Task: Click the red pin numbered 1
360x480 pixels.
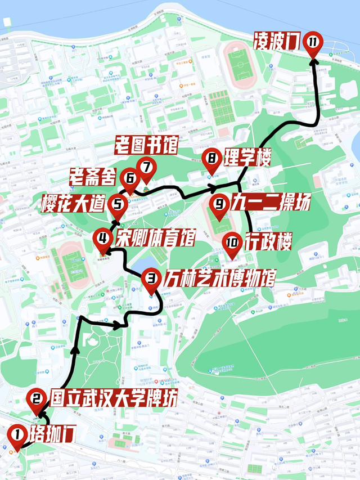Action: [x=17, y=434]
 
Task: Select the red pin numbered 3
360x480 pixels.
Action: [x=151, y=277]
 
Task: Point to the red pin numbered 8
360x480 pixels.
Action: [x=212, y=159]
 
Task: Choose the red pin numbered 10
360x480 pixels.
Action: [x=232, y=243]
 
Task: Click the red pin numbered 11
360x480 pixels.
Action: [x=313, y=42]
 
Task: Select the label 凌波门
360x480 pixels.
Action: [x=277, y=41]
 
